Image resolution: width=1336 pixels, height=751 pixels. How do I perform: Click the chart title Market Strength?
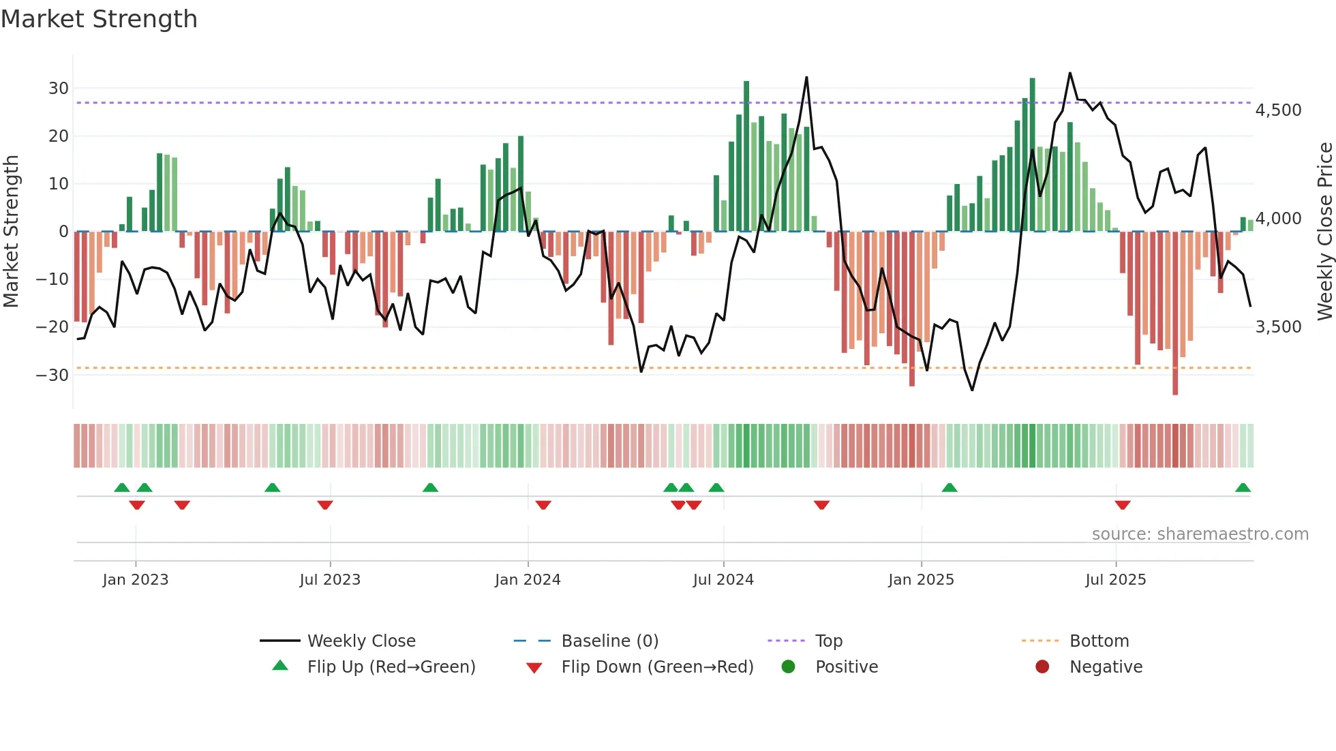click(x=99, y=19)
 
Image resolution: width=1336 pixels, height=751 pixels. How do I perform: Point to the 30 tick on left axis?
click(x=58, y=89)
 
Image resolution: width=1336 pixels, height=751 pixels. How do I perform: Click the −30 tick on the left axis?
click(x=52, y=375)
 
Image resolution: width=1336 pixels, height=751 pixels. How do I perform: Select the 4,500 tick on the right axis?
click(x=1278, y=110)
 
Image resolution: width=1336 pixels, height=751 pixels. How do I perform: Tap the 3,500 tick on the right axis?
click(x=1278, y=327)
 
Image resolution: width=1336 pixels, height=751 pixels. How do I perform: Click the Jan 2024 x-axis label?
click(x=528, y=580)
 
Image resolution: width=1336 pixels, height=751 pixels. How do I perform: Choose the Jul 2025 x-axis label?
click(x=1115, y=580)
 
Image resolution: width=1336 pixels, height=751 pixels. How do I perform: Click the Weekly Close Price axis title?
click(x=1324, y=231)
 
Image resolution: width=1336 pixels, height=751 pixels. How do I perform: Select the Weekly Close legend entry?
click(x=361, y=641)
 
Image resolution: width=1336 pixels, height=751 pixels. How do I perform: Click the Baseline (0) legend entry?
click(x=609, y=641)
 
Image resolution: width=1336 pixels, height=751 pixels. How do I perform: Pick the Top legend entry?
click(x=828, y=641)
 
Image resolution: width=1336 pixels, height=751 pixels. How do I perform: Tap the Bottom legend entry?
click(x=1099, y=641)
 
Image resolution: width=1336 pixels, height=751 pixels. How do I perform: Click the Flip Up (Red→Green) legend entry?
click(x=391, y=667)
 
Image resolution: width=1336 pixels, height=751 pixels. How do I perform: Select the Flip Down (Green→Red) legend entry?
click(x=657, y=667)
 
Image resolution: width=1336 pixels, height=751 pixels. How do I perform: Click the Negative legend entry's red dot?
click(x=1042, y=667)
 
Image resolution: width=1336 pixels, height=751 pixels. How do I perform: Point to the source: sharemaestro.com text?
click(x=1200, y=534)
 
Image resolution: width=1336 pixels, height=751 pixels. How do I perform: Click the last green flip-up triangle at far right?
click(x=1243, y=488)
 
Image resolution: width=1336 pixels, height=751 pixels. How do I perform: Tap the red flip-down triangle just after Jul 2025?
click(x=1123, y=505)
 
